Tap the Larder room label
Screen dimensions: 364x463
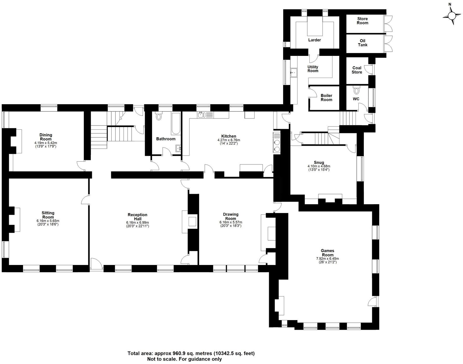(x=314, y=40)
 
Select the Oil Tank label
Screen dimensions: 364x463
(x=362, y=43)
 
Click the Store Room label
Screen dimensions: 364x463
(x=362, y=21)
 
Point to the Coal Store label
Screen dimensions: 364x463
(x=357, y=70)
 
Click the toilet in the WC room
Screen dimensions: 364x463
(x=356, y=91)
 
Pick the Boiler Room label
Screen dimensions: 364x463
(x=326, y=98)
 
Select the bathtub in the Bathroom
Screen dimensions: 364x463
(x=176, y=123)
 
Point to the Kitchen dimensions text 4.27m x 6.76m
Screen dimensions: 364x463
(x=229, y=140)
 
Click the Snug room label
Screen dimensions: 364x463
(x=319, y=163)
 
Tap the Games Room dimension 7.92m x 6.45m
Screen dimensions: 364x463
(x=327, y=259)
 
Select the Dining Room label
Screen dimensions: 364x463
(x=46, y=137)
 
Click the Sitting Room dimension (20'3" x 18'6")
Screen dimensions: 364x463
(x=48, y=224)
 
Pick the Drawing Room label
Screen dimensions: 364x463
(x=230, y=216)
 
